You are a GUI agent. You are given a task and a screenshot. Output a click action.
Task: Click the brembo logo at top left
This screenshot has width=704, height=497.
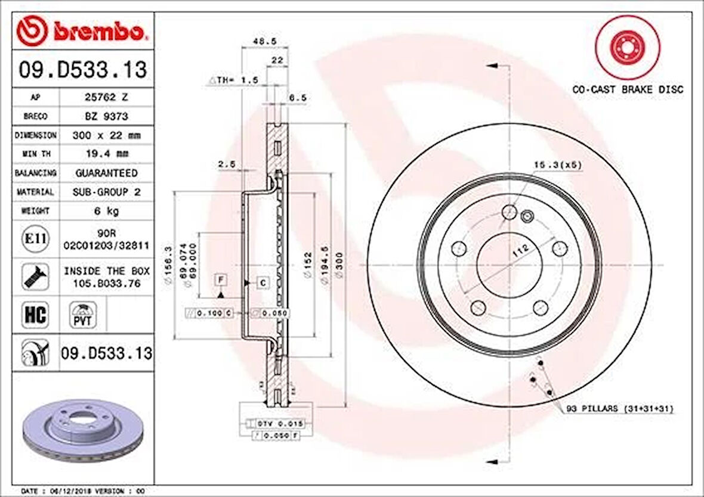tap(81, 32)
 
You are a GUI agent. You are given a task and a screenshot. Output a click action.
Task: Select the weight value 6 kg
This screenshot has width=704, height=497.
tap(98, 211)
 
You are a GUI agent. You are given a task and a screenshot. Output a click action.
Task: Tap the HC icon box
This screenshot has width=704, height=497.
tap(35, 315)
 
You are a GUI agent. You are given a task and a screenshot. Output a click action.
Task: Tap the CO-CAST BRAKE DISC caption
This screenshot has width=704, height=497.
tap(628, 89)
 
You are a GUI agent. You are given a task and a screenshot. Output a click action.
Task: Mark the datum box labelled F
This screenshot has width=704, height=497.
tap(221, 279)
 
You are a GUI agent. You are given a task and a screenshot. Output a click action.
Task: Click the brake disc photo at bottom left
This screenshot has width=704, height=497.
tap(82, 429)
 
